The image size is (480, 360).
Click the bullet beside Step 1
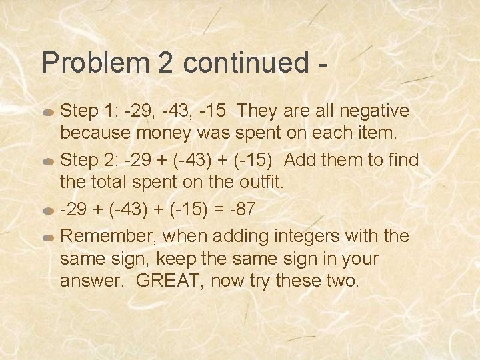click(48, 112)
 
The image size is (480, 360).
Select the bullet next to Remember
click(48, 237)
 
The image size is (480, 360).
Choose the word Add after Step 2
click(301, 160)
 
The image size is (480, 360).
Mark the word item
click(377, 132)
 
